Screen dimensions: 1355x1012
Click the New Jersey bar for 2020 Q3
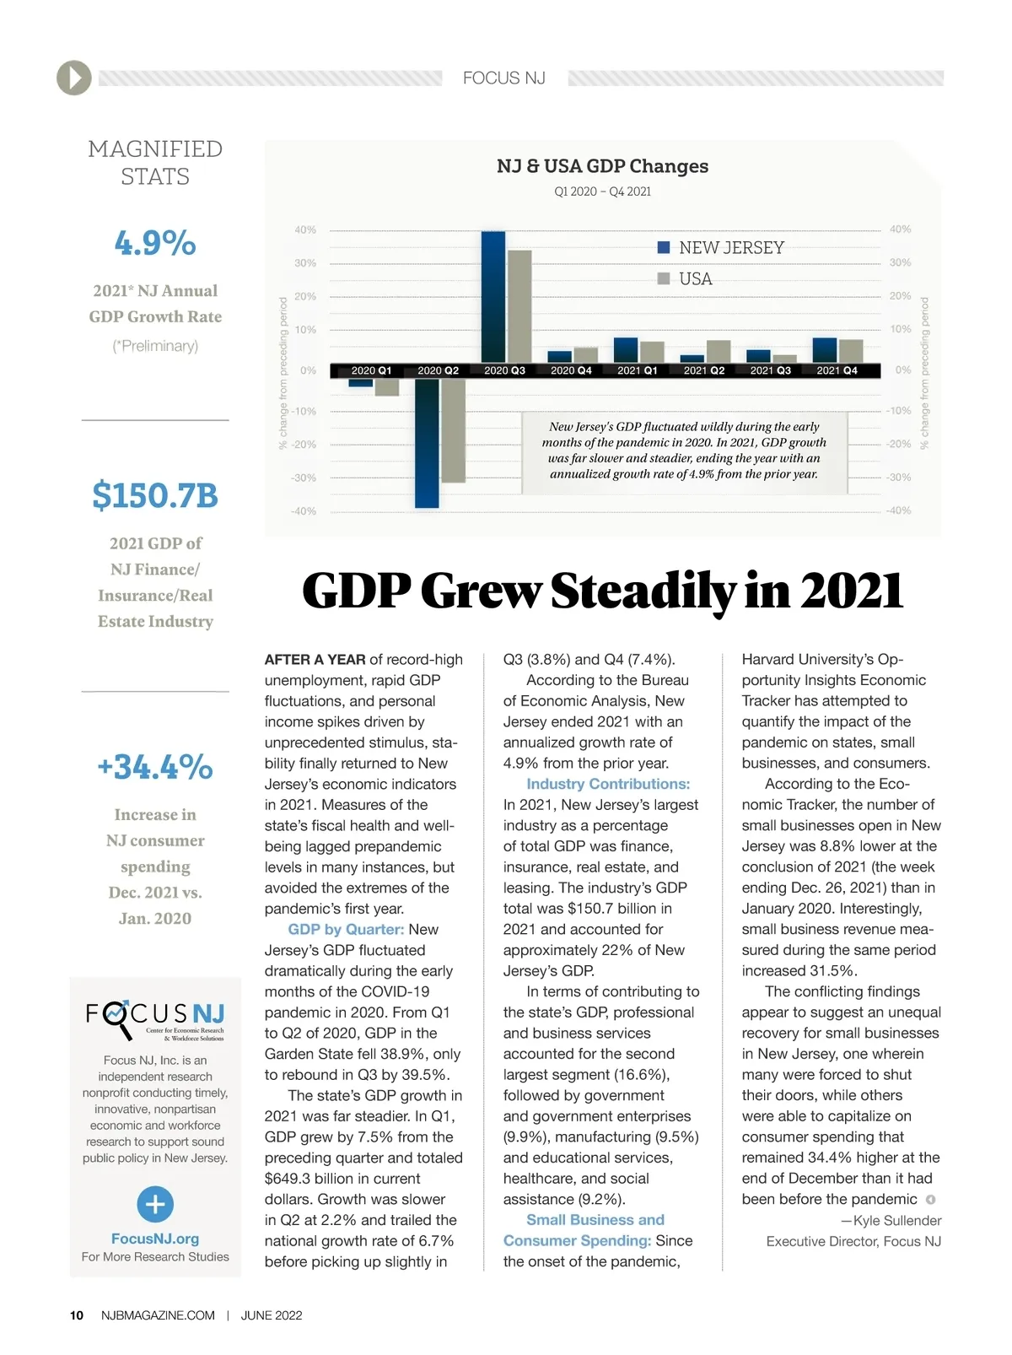click(493, 297)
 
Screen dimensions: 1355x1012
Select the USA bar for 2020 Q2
click(453, 430)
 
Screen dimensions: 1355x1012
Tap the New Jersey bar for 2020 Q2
click(427, 443)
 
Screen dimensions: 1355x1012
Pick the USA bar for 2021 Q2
click(719, 351)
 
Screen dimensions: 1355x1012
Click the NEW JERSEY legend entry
click(721, 248)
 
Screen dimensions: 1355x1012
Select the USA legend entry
click(686, 279)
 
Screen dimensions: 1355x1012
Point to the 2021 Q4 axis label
click(837, 370)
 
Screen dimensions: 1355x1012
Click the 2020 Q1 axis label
click(371, 370)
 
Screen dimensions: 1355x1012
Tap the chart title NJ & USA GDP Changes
click(602, 166)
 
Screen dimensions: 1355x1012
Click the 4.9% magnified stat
click(155, 243)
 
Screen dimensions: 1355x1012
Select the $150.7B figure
click(155, 495)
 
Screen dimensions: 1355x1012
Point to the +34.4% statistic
click(155, 767)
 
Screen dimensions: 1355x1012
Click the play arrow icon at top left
click(74, 78)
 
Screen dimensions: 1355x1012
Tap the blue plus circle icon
click(155, 1204)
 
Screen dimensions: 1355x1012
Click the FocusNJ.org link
click(155, 1239)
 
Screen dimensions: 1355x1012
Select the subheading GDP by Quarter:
click(346, 929)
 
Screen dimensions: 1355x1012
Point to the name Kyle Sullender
click(896, 1221)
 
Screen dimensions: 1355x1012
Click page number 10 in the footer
click(77, 1315)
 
